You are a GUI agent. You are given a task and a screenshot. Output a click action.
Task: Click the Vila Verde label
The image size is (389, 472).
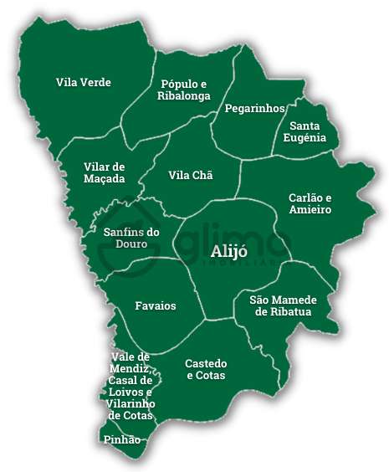pos(84,82)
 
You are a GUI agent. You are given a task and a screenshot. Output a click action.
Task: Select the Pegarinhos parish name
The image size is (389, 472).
pos(255,109)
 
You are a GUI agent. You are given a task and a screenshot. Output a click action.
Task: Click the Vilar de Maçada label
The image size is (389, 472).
pos(105,172)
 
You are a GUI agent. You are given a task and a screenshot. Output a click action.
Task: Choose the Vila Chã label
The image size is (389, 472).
pos(191,175)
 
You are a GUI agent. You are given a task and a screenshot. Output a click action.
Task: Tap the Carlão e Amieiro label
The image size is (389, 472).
pos(310,203)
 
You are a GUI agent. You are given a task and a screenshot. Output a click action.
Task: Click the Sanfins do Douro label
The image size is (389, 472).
pos(131,238)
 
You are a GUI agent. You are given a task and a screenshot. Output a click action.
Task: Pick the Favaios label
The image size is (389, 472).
pos(156,305)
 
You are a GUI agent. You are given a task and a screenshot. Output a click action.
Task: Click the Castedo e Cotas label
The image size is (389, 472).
pos(206,369)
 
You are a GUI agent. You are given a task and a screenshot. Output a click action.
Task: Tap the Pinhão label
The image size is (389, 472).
pos(121,439)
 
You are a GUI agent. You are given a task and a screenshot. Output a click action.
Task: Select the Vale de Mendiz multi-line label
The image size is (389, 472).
pos(131,386)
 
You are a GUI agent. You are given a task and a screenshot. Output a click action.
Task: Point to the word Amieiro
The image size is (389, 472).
pos(310,210)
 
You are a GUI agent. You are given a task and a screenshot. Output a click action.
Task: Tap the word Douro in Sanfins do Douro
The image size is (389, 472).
pos(131,244)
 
